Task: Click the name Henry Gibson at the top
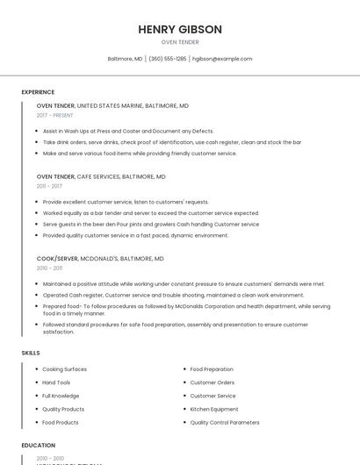[x=180, y=29]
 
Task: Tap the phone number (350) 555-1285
[x=168, y=59]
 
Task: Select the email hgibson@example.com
[x=222, y=59]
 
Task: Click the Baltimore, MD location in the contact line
[x=125, y=59]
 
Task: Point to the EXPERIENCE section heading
[x=38, y=92]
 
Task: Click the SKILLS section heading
[x=31, y=353]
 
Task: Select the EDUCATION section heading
[x=39, y=446]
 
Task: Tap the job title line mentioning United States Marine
[x=112, y=105]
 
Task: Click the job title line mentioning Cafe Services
[x=101, y=176]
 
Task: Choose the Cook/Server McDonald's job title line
[x=100, y=260]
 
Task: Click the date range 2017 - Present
[x=55, y=115]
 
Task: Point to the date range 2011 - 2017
[x=49, y=186]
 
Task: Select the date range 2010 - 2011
[x=49, y=268]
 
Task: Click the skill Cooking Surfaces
[x=64, y=369]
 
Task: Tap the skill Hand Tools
[x=56, y=383]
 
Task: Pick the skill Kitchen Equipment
[x=214, y=409]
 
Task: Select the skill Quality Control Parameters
[x=225, y=422]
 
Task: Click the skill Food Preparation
[x=212, y=369]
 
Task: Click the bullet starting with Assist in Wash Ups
[x=128, y=131]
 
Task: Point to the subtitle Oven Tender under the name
[x=180, y=42]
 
